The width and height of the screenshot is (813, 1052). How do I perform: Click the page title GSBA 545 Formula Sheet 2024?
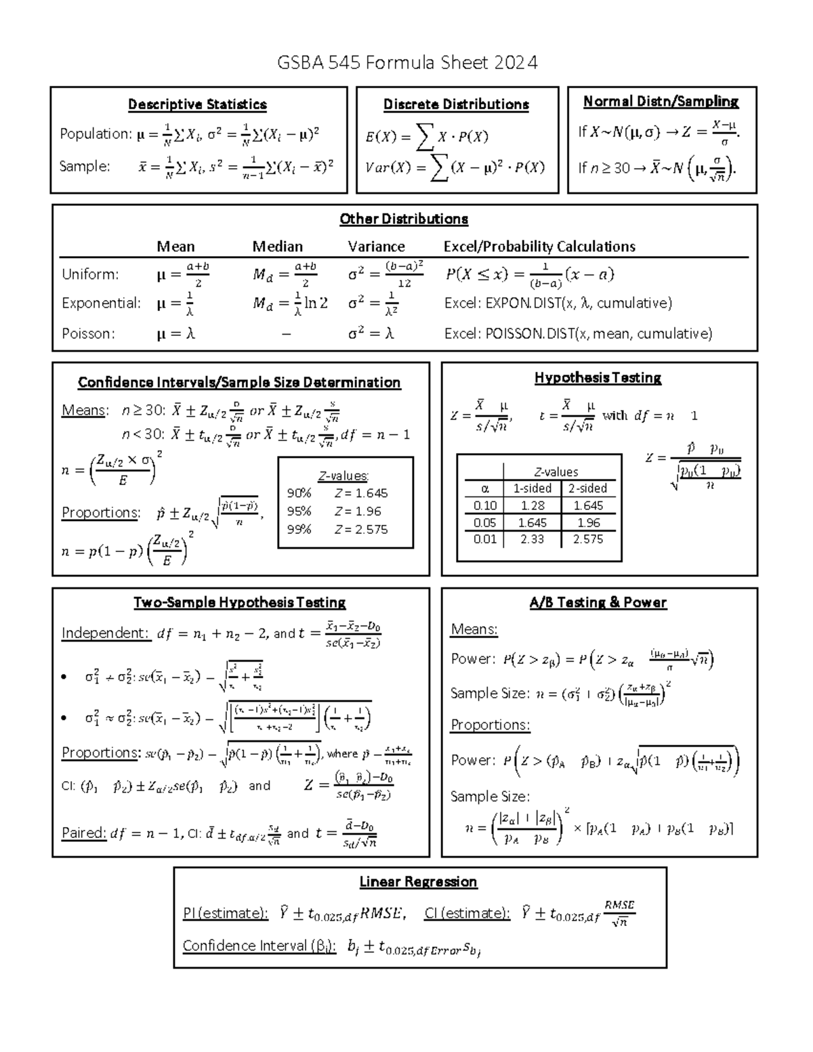[407, 63]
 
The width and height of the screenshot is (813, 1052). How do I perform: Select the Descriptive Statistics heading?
[197, 104]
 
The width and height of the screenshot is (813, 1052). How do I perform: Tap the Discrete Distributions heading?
[456, 104]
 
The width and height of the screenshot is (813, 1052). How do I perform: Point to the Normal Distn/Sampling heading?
[661, 102]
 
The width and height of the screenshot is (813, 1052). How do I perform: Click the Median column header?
[277, 247]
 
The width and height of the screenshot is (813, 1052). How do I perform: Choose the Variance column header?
[376, 247]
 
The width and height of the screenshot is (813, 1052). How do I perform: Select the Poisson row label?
[88, 333]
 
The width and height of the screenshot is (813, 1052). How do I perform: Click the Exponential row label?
[101, 303]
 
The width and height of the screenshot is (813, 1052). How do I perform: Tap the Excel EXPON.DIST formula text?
[558, 303]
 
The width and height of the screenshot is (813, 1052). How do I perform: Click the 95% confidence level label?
[299, 511]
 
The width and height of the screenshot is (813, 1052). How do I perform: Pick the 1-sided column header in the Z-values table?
[532, 488]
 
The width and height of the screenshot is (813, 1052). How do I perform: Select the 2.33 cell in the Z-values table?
[532, 539]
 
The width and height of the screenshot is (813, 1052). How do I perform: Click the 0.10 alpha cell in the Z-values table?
[485, 505]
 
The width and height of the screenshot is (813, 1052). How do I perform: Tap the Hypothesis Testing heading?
[598, 378]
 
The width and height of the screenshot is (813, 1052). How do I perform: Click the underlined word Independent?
[105, 633]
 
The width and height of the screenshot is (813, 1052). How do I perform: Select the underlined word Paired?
[84, 833]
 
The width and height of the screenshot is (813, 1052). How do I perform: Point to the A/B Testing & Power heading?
[598, 602]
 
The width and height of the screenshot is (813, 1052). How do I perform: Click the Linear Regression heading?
[418, 882]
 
